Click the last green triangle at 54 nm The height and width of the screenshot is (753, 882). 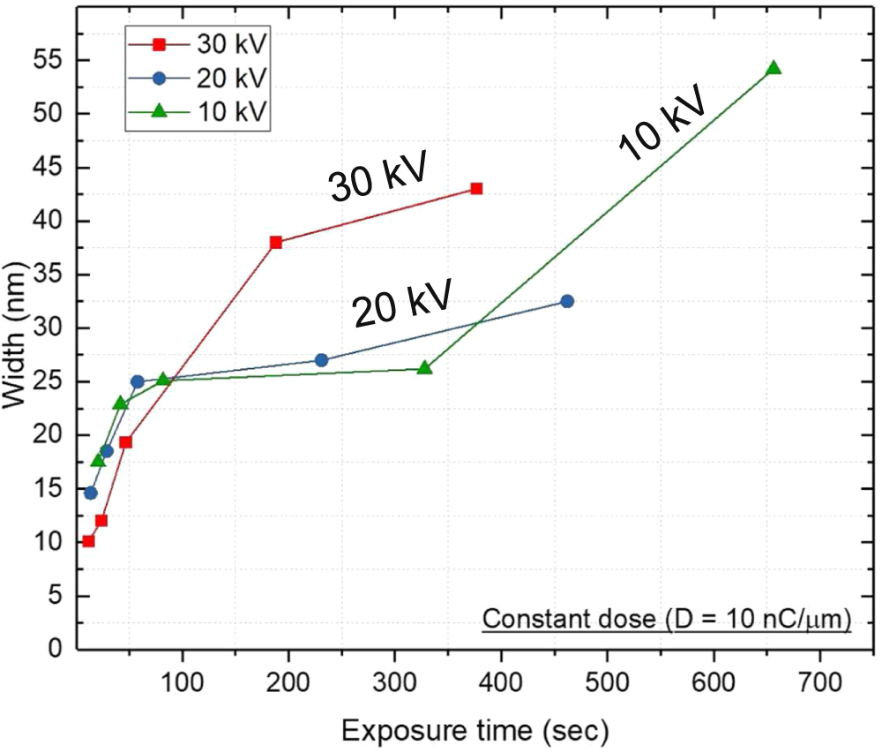pyautogui.click(x=774, y=69)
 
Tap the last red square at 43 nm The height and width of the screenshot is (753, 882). pyautogui.click(x=476, y=188)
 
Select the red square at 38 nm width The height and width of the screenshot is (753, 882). pyautogui.click(x=276, y=242)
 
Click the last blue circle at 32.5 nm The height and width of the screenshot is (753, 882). pyautogui.click(x=567, y=301)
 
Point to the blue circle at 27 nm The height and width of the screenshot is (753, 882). pyautogui.click(x=321, y=360)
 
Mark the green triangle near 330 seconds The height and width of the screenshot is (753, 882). pyautogui.click(x=424, y=367)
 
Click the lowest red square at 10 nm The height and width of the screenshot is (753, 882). pyautogui.click(x=88, y=541)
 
